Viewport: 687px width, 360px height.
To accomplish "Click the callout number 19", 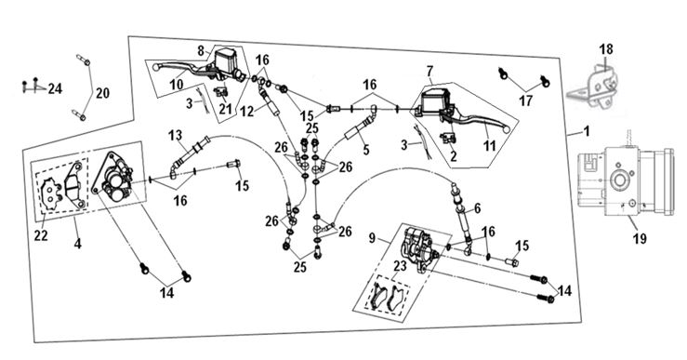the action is tap(640, 238).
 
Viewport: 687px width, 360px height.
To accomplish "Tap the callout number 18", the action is tap(606, 49).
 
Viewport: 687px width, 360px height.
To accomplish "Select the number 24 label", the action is tap(55, 89).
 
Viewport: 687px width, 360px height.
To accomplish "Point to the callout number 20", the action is tap(102, 93).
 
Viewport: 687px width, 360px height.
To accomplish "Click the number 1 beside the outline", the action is tap(587, 130).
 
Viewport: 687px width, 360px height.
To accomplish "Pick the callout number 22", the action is tap(41, 235).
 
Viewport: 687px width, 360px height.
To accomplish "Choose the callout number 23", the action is tap(400, 266).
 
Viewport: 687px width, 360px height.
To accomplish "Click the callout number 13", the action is tap(175, 135).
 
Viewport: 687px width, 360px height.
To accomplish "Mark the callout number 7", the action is tap(429, 70).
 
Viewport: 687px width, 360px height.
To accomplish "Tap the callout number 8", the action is tap(201, 51).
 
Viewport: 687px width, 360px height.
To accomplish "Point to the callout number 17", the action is tap(525, 100).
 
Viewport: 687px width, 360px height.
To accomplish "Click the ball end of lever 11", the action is tap(506, 129).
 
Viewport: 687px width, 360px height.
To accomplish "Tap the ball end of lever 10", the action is tap(155, 67).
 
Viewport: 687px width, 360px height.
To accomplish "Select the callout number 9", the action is tap(373, 238).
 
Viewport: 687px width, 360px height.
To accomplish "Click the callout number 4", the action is tap(77, 243).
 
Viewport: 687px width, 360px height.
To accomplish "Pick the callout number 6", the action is tap(477, 208).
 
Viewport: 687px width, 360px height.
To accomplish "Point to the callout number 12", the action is tap(247, 112).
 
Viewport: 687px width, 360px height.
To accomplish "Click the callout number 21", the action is tap(225, 108).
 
